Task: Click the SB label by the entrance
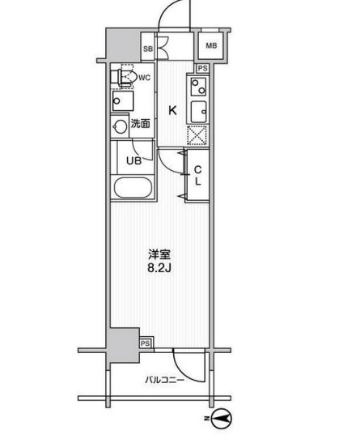click(148, 49)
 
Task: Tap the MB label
click(210, 46)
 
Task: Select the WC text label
click(144, 78)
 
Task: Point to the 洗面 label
click(141, 125)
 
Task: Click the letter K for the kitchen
click(172, 112)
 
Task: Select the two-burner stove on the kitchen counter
click(198, 83)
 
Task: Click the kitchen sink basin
click(198, 111)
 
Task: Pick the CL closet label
click(198, 174)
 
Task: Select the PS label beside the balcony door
click(146, 343)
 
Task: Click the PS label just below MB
click(203, 68)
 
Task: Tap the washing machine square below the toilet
click(125, 102)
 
